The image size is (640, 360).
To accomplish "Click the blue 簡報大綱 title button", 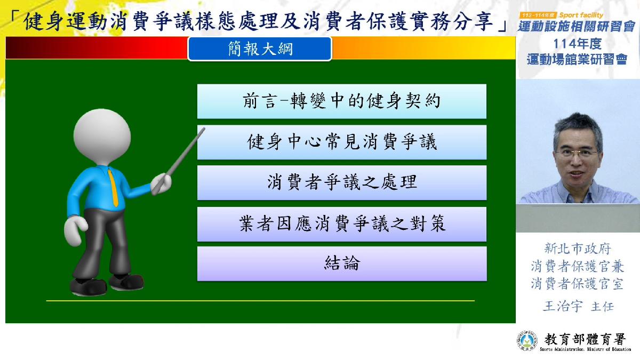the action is point(260,49).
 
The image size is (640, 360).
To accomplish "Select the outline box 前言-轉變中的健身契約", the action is point(342,101).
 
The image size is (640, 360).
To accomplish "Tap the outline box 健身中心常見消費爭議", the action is point(342,142).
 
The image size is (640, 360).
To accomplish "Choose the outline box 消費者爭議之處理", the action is point(342,183).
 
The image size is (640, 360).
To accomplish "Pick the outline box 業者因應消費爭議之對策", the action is point(342,224).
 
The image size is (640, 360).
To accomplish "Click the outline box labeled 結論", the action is point(342,263).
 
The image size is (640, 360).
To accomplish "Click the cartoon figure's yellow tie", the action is point(113,187).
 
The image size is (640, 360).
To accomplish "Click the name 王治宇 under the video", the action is point(563,306).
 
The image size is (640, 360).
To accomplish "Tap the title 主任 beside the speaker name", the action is point(602,307).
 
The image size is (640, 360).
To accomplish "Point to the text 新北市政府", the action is point(578,249).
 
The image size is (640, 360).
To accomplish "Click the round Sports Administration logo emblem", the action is point(527,340).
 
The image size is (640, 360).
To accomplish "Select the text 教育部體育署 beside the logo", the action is point(585,339).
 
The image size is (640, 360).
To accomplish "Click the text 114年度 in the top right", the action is point(577,44).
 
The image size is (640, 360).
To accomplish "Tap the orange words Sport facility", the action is point(581,15).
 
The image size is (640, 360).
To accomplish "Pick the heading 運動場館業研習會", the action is point(577,59).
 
